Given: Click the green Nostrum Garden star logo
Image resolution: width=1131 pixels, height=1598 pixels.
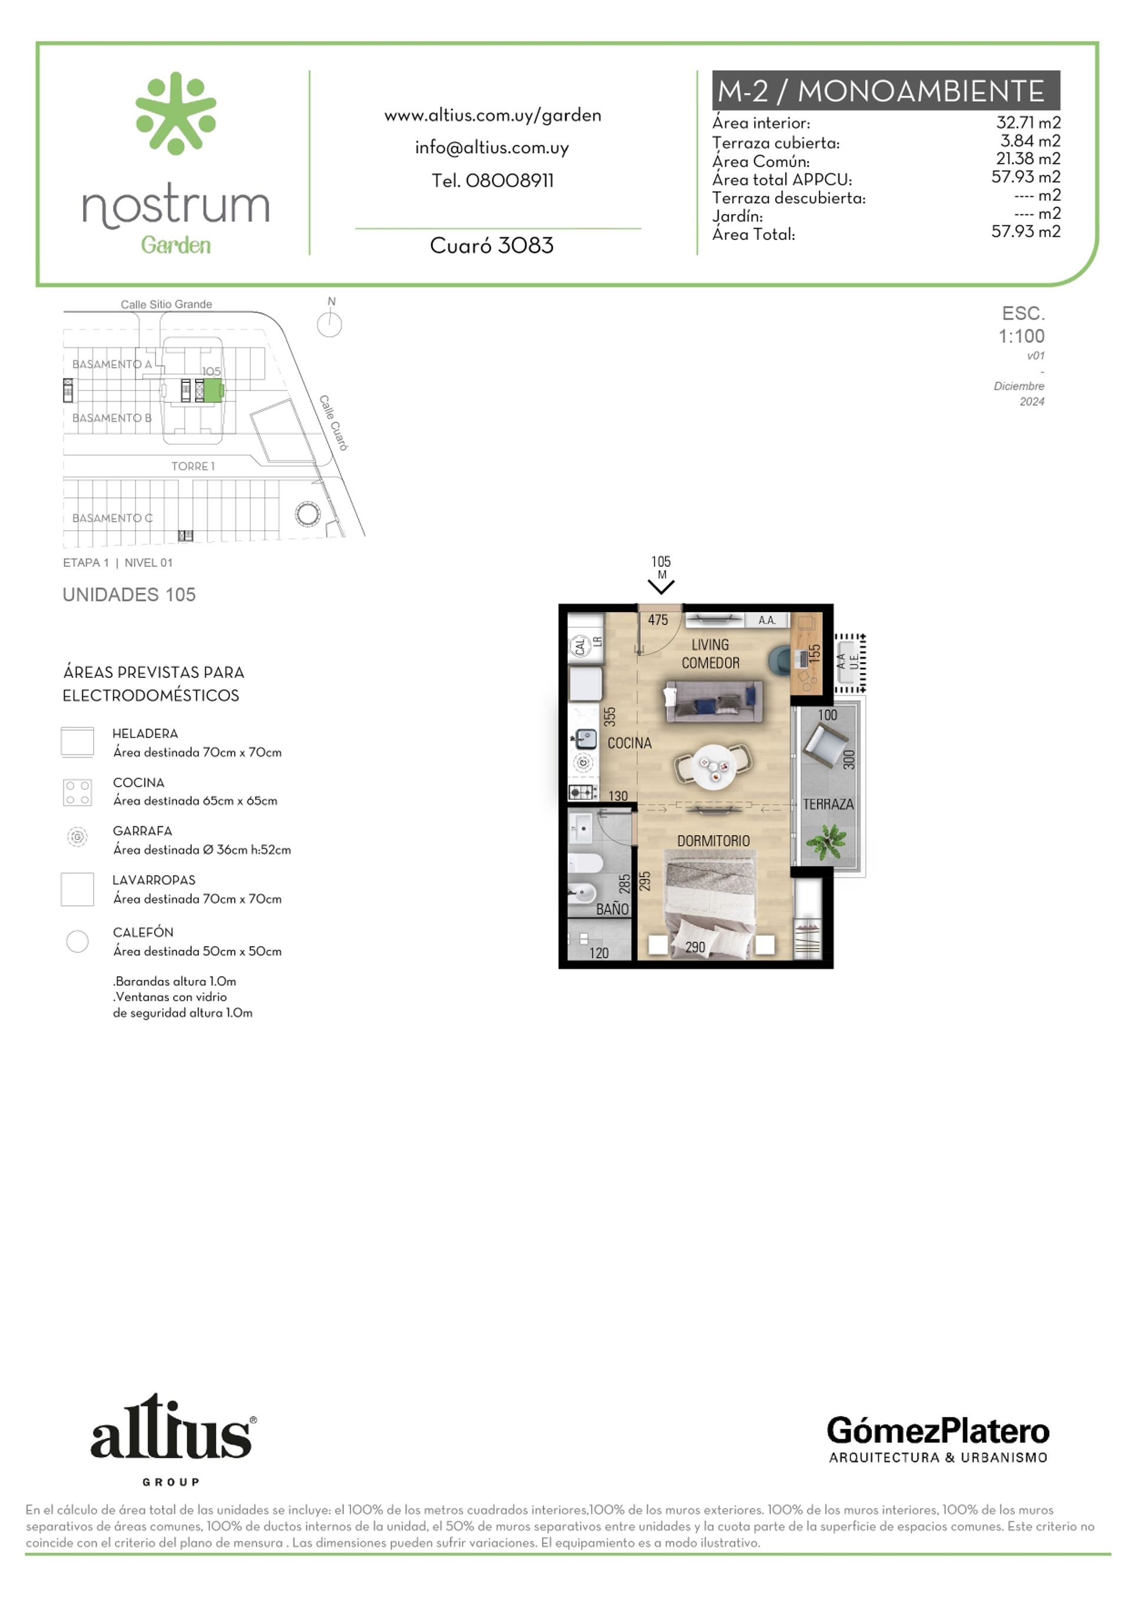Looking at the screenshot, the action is click(176, 113).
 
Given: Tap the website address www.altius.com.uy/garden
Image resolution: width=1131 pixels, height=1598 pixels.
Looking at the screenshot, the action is click(492, 115).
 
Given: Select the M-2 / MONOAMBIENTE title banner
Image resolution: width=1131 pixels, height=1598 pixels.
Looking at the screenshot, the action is click(885, 91).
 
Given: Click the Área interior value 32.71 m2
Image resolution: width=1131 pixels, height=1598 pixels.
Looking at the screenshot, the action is click(1028, 123).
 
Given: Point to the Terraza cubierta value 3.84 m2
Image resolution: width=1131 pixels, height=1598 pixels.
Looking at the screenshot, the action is click(1030, 141).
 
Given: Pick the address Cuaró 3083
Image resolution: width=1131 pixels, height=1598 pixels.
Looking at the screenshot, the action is click(492, 245).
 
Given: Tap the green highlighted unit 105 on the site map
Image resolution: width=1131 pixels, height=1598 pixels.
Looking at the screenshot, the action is click(213, 391).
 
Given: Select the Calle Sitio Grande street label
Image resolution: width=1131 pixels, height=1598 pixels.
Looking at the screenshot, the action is click(167, 305).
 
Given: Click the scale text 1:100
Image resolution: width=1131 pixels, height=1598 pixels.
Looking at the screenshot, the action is click(1021, 336).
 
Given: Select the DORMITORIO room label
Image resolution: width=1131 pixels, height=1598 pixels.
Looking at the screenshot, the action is click(713, 841).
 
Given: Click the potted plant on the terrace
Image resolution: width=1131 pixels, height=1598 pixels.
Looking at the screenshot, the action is click(826, 841).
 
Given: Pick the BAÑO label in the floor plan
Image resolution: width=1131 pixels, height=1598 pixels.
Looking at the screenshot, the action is click(612, 909).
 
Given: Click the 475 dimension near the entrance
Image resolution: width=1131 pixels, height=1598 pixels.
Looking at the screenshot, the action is click(657, 620).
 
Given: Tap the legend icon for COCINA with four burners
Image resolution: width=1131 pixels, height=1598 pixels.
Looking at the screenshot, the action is click(77, 792).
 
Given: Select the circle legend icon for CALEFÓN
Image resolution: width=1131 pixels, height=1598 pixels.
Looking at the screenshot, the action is click(77, 941).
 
